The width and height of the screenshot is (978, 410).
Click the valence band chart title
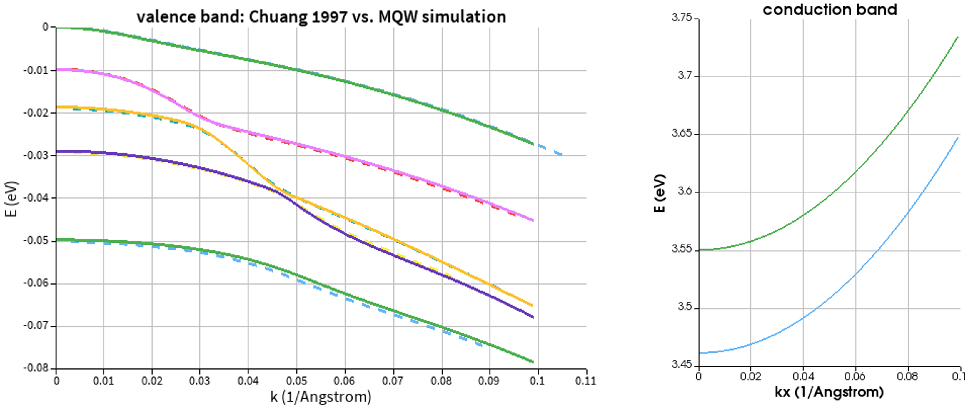tap(321, 17)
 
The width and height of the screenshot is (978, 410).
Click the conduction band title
tap(830, 9)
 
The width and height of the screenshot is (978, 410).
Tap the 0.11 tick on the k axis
tap(585, 380)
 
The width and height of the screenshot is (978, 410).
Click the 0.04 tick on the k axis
tap(248, 380)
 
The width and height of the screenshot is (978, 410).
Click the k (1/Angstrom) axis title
tap(321, 397)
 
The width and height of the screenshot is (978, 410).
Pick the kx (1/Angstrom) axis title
tap(829, 392)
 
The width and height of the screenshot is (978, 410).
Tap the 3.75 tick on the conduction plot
tap(682, 18)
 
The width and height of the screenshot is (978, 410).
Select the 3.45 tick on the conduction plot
tap(682, 365)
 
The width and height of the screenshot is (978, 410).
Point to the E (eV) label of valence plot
tap(11, 199)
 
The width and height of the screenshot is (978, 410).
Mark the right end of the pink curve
tap(532, 220)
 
